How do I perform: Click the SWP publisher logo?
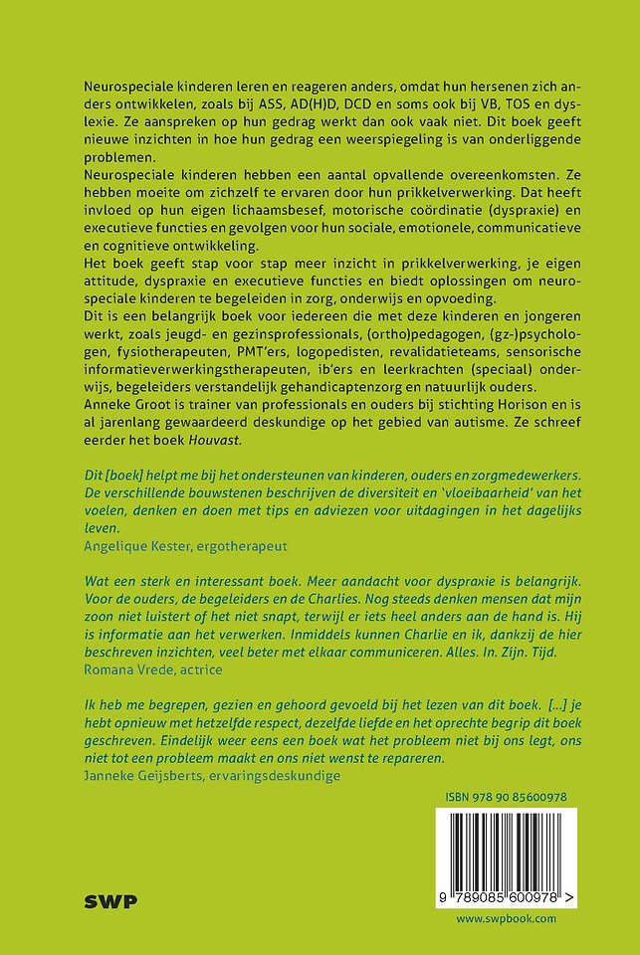point(110,902)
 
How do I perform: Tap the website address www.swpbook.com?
point(507,918)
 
